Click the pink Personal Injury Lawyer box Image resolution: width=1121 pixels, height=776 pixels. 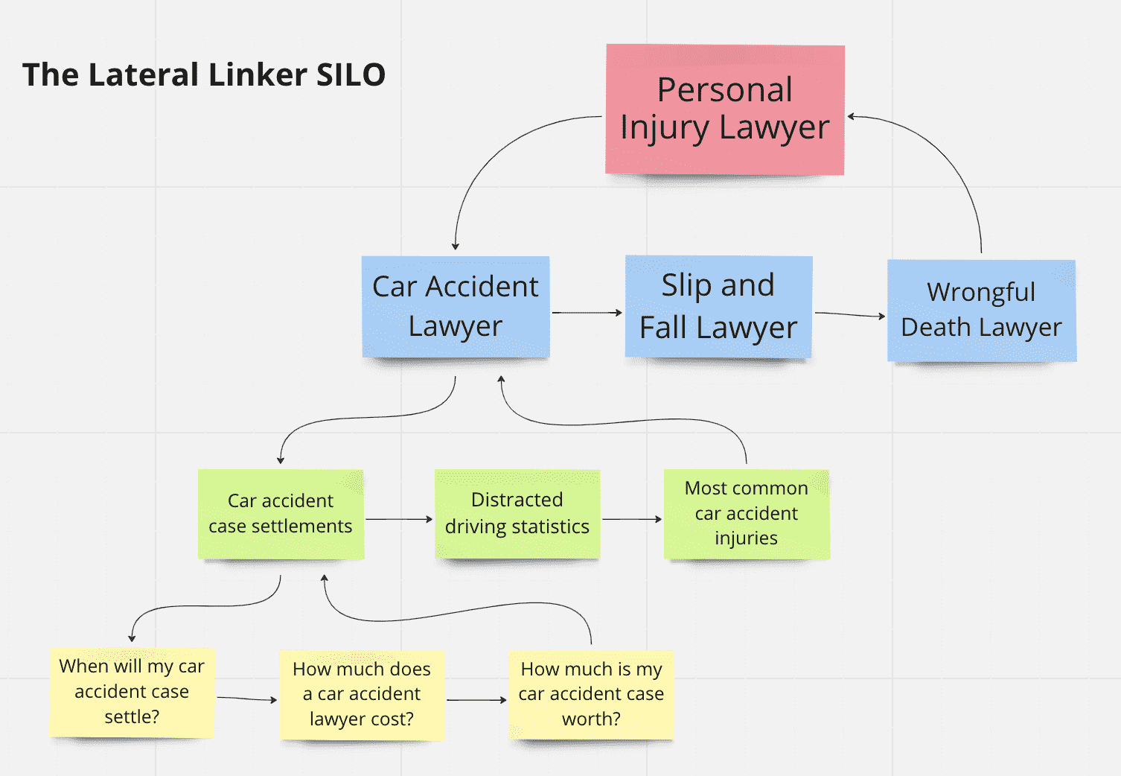pos(724,109)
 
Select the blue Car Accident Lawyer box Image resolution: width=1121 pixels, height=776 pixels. pos(456,306)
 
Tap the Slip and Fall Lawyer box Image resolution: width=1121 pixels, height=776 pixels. pos(718,306)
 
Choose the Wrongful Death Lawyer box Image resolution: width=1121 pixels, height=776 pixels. pos(981,310)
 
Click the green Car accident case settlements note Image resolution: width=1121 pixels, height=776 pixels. pos(281,513)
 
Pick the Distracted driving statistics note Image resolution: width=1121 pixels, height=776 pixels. pos(517,513)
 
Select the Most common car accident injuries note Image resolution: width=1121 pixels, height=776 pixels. pos(746,513)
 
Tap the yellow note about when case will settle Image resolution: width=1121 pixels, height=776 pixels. pos(132,692)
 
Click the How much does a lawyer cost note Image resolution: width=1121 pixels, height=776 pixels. pos(362,694)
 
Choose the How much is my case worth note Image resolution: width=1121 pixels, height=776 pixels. pos(591,694)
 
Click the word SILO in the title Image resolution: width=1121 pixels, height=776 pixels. pos(351,75)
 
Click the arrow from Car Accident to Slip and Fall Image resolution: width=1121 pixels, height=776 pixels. pos(587,313)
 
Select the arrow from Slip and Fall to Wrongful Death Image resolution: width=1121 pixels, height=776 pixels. pos(849,315)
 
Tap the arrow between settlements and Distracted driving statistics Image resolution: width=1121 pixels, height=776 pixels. pos(399,519)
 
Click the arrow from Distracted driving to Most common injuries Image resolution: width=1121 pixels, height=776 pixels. pos(631,519)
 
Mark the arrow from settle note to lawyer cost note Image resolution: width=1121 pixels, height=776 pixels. pos(246,699)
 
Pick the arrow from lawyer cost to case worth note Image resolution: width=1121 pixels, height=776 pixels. pos(476,700)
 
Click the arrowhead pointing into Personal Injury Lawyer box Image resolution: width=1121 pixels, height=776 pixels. pos(852,117)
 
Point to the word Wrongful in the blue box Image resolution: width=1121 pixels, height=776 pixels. pos(981,292)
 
